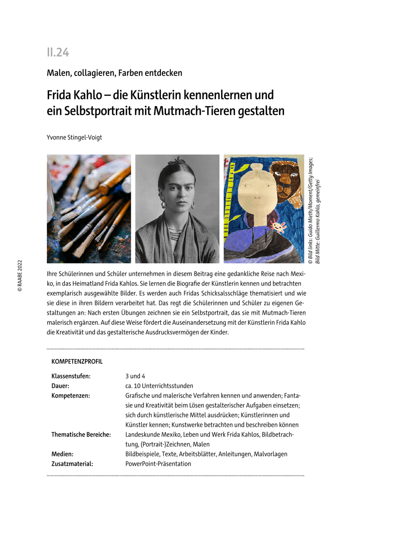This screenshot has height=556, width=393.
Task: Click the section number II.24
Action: pyautogui.click(x=57, y=53)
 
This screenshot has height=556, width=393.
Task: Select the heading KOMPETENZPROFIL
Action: pyautogui.click(x=77, y=361)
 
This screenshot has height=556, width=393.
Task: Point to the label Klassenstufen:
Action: pyautogui.click(x=71, y=376)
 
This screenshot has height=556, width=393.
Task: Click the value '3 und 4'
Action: pyautogui.click(x=135, y=376)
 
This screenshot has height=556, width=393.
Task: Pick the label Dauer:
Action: pyautogui.click(x=60, y=386)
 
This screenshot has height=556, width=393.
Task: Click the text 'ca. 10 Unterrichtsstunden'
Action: pyautogui.click(x=159, y=386)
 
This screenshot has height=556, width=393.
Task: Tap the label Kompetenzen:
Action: pyautogui.click(x=70, y=396)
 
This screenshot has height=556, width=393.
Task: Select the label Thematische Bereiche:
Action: pyautogui.click(x=81, y=435)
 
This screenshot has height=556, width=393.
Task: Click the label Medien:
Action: pyautogui.click(x=63, y=454)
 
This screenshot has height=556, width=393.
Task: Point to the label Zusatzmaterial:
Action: pyautogui.click(x=72, y=464)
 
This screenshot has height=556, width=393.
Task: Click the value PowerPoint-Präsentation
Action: pyautogui.click(x=158, y=464)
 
